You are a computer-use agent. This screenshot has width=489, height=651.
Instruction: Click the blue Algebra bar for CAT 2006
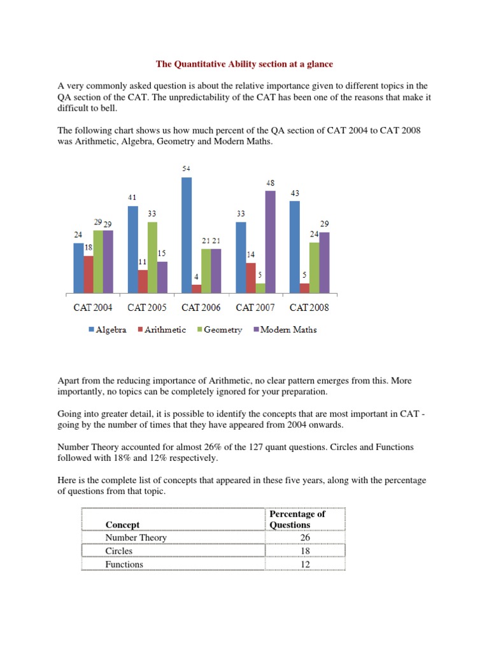pos(187,235)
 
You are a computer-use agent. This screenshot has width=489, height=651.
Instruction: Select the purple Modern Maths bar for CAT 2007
pos(271,242)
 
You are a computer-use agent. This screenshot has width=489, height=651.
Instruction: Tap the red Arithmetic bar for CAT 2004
pos(89,275)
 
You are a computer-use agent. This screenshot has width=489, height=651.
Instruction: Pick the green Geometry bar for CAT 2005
pos(152,257)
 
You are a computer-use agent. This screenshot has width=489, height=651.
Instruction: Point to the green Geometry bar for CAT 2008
pos(315,268)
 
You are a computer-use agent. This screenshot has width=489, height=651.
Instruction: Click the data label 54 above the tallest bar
pos(186,168)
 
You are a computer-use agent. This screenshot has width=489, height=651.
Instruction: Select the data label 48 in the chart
pos(271,182)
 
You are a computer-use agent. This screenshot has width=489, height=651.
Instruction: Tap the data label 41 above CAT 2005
pos(132,197)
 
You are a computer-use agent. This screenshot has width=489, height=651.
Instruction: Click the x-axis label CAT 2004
pos(93,308)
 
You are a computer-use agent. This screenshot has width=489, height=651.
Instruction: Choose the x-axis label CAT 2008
pos(309,308)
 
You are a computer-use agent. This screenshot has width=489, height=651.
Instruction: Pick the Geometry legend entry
pos(219,329)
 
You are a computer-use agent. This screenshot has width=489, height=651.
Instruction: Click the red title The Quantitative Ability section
pos(244,64)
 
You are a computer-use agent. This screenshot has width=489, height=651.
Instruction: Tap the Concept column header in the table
pos(122,524)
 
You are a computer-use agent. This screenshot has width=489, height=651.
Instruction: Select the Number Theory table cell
pos(136,538)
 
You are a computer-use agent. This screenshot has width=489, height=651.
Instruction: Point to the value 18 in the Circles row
pos(305,551)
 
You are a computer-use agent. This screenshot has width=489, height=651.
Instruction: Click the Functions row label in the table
pos(124,565)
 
